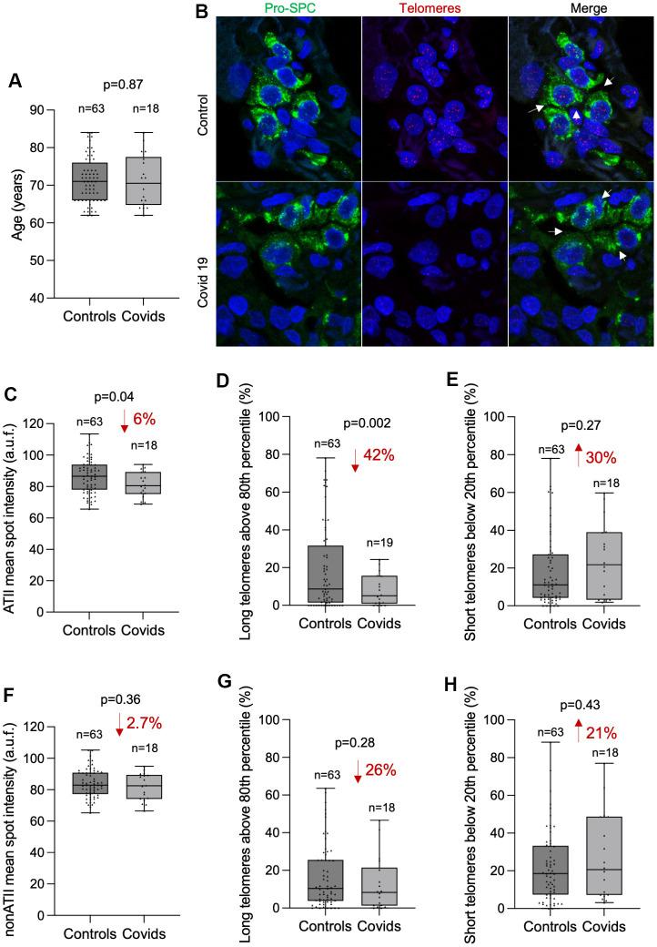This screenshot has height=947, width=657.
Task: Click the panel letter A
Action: click(x=15, y=81)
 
